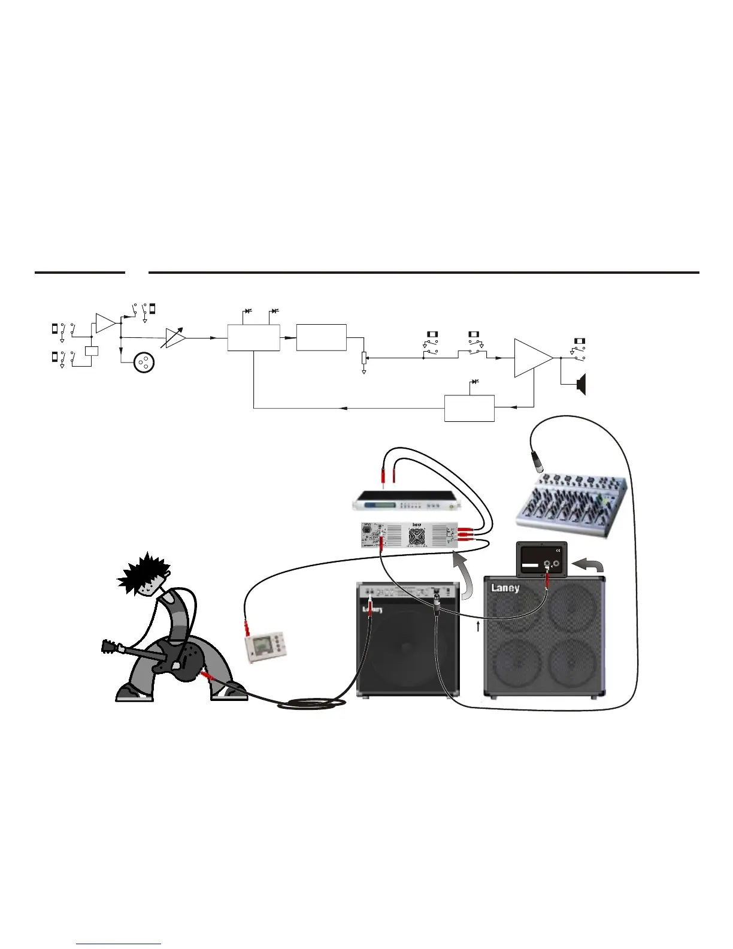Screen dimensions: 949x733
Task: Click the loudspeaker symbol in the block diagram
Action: (x=580, y=384)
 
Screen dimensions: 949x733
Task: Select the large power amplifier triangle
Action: (x=532, y=358)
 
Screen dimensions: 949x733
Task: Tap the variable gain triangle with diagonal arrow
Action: (x=175, y=338)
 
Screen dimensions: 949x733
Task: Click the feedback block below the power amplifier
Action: (x=469, y=408)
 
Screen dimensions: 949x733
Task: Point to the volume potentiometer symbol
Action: (x=364, y=358)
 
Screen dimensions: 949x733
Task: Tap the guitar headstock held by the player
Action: (x=108, y=646)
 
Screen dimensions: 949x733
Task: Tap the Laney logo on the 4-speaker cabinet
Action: (x=505, y=588)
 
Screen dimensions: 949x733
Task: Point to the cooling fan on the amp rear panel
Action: (x=416, y=535)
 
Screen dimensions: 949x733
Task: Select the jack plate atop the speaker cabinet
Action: (x=541, y=560)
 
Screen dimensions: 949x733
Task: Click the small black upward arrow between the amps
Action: (x=478, y=627)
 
